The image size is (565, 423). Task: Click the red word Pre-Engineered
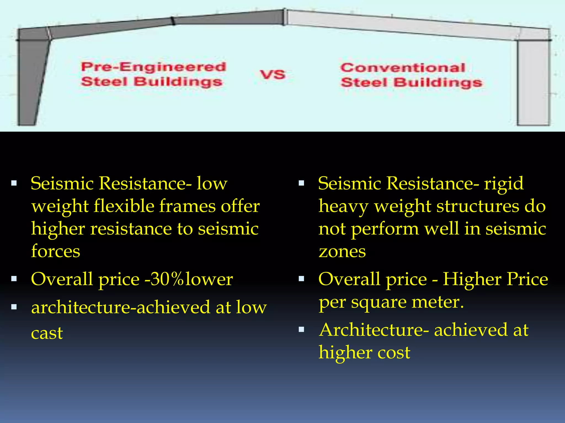click(154, 67)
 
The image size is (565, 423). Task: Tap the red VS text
click(272, 75)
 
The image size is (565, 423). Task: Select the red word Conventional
click(403, 68)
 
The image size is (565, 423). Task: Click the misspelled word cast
click(47, 333)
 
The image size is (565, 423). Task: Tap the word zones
click(342, 252)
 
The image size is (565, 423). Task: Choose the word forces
click(55, 252)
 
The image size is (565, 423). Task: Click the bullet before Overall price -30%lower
click(14, 279)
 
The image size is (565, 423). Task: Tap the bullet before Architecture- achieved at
click(302, 329)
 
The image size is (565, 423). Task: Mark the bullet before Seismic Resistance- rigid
click(302, 183)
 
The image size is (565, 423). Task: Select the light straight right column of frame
click(533, 83)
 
